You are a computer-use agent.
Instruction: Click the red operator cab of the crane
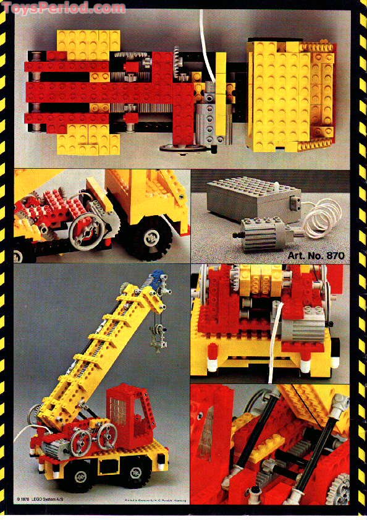click(129, 411)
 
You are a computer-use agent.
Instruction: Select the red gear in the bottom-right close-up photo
click(337, 489)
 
